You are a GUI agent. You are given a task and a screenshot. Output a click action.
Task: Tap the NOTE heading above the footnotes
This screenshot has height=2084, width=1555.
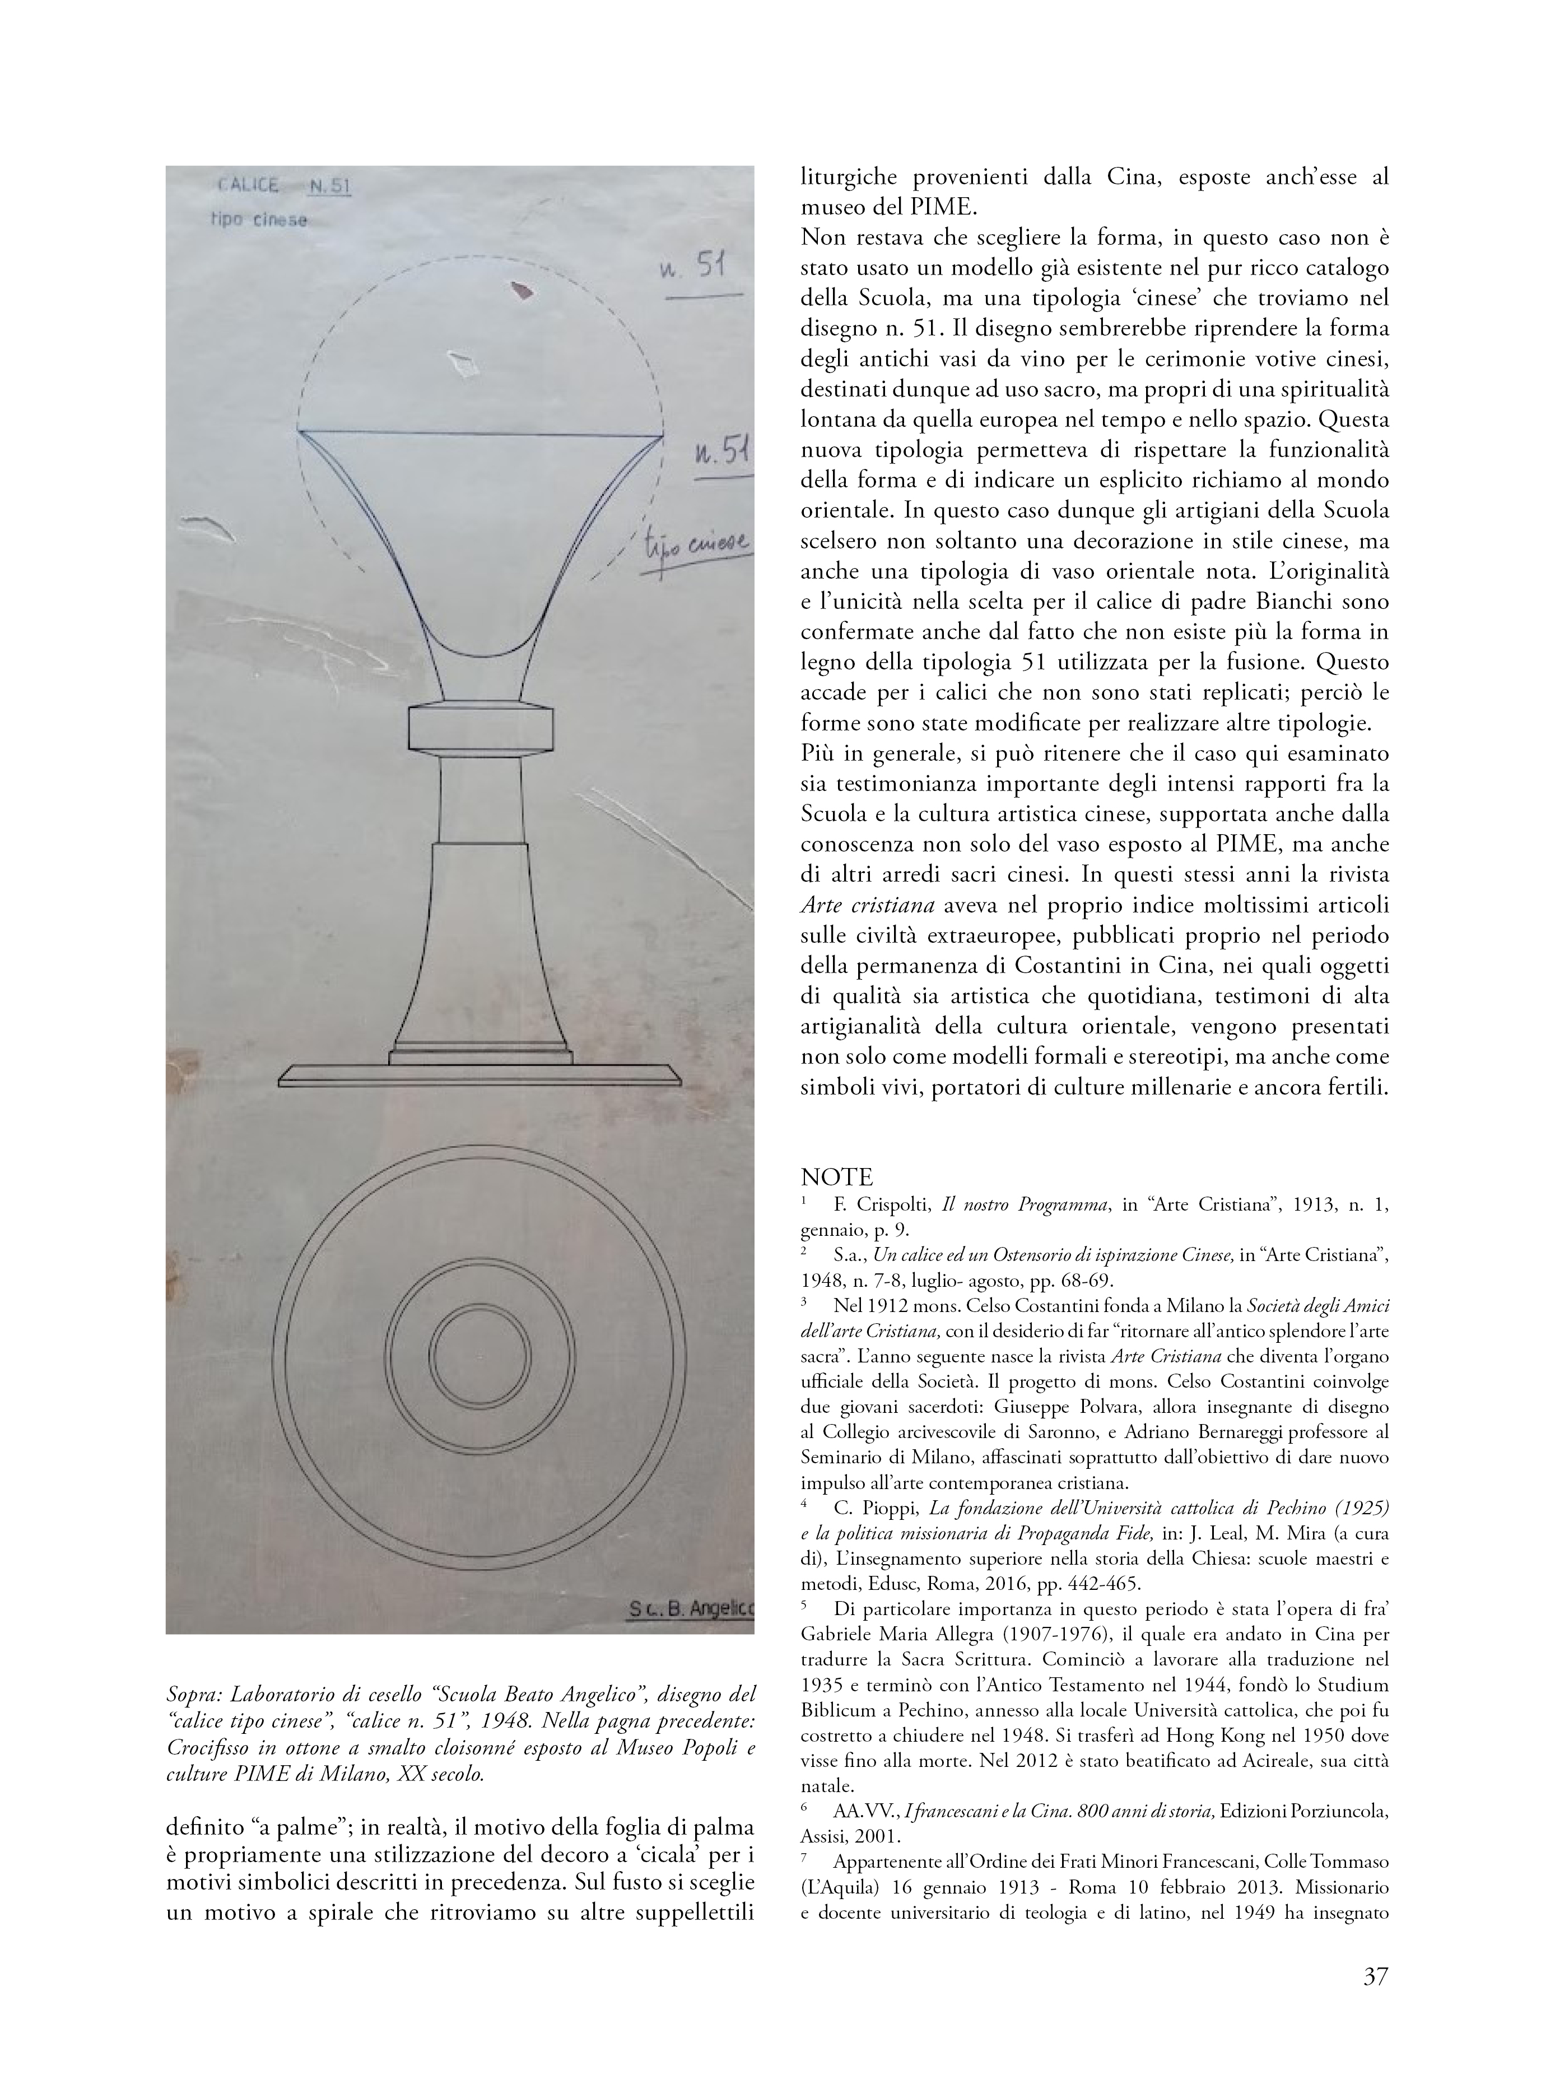coord(837,1176)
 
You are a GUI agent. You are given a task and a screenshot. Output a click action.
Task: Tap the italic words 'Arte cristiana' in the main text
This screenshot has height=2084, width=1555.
coord(867,905)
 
